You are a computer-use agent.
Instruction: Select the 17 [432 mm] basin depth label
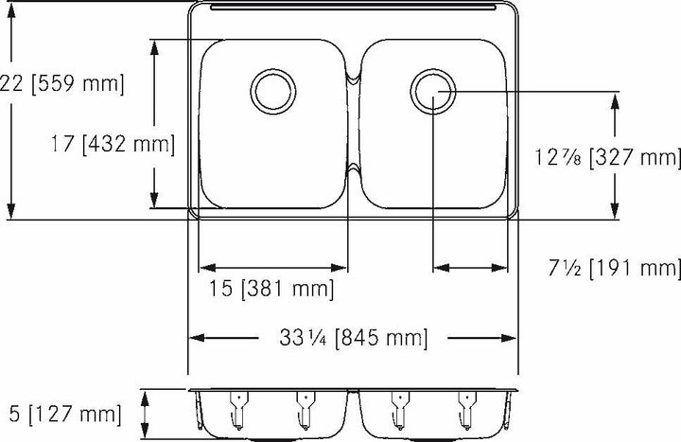point(113,145)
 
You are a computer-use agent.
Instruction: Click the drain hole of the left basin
point(272,91)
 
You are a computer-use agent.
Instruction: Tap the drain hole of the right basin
point(433,91)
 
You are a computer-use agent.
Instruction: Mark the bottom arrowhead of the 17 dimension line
point(154,200)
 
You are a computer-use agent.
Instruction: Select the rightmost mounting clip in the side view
point(465,406)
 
